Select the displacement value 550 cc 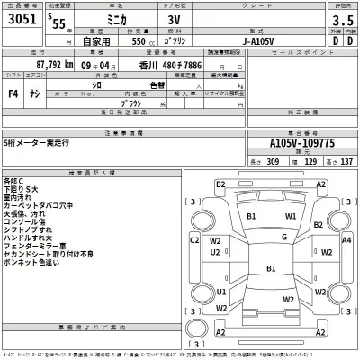[146, 41]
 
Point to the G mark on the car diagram [283, 238]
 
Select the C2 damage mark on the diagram [193, 240]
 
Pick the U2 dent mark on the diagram [215, 253]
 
